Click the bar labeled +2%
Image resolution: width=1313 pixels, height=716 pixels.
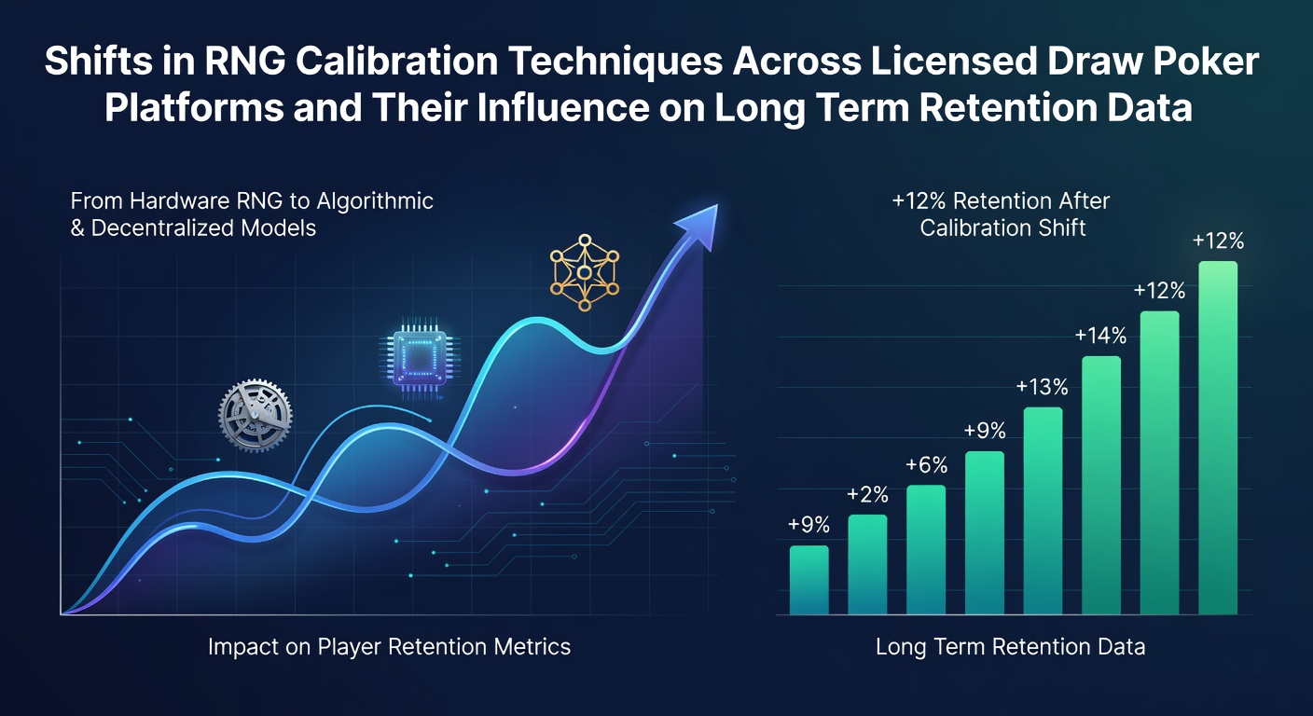coord(867,564)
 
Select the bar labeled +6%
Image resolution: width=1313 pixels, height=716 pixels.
coord(926,550)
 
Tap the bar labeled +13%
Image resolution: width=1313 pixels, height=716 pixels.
coord(1043,511)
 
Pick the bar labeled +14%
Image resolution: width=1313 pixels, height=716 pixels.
coord(1101,485)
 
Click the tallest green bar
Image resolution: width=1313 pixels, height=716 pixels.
coord(1218,437)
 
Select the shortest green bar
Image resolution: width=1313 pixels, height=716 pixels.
coord(809,580)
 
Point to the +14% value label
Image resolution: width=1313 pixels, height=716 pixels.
coord(1100,336)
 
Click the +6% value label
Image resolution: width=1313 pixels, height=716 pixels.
coord(927,465)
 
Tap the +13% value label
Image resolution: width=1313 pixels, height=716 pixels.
coord(1043,387)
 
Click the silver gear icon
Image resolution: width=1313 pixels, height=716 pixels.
coord(255,416)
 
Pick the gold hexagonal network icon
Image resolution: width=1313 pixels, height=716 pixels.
coord(585,272)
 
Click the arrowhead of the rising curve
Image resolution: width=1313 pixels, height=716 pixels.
coord(700,225)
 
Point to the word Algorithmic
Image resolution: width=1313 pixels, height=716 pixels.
coord(375,201)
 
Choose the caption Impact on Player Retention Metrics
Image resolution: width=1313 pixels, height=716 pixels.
coord(389,647)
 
